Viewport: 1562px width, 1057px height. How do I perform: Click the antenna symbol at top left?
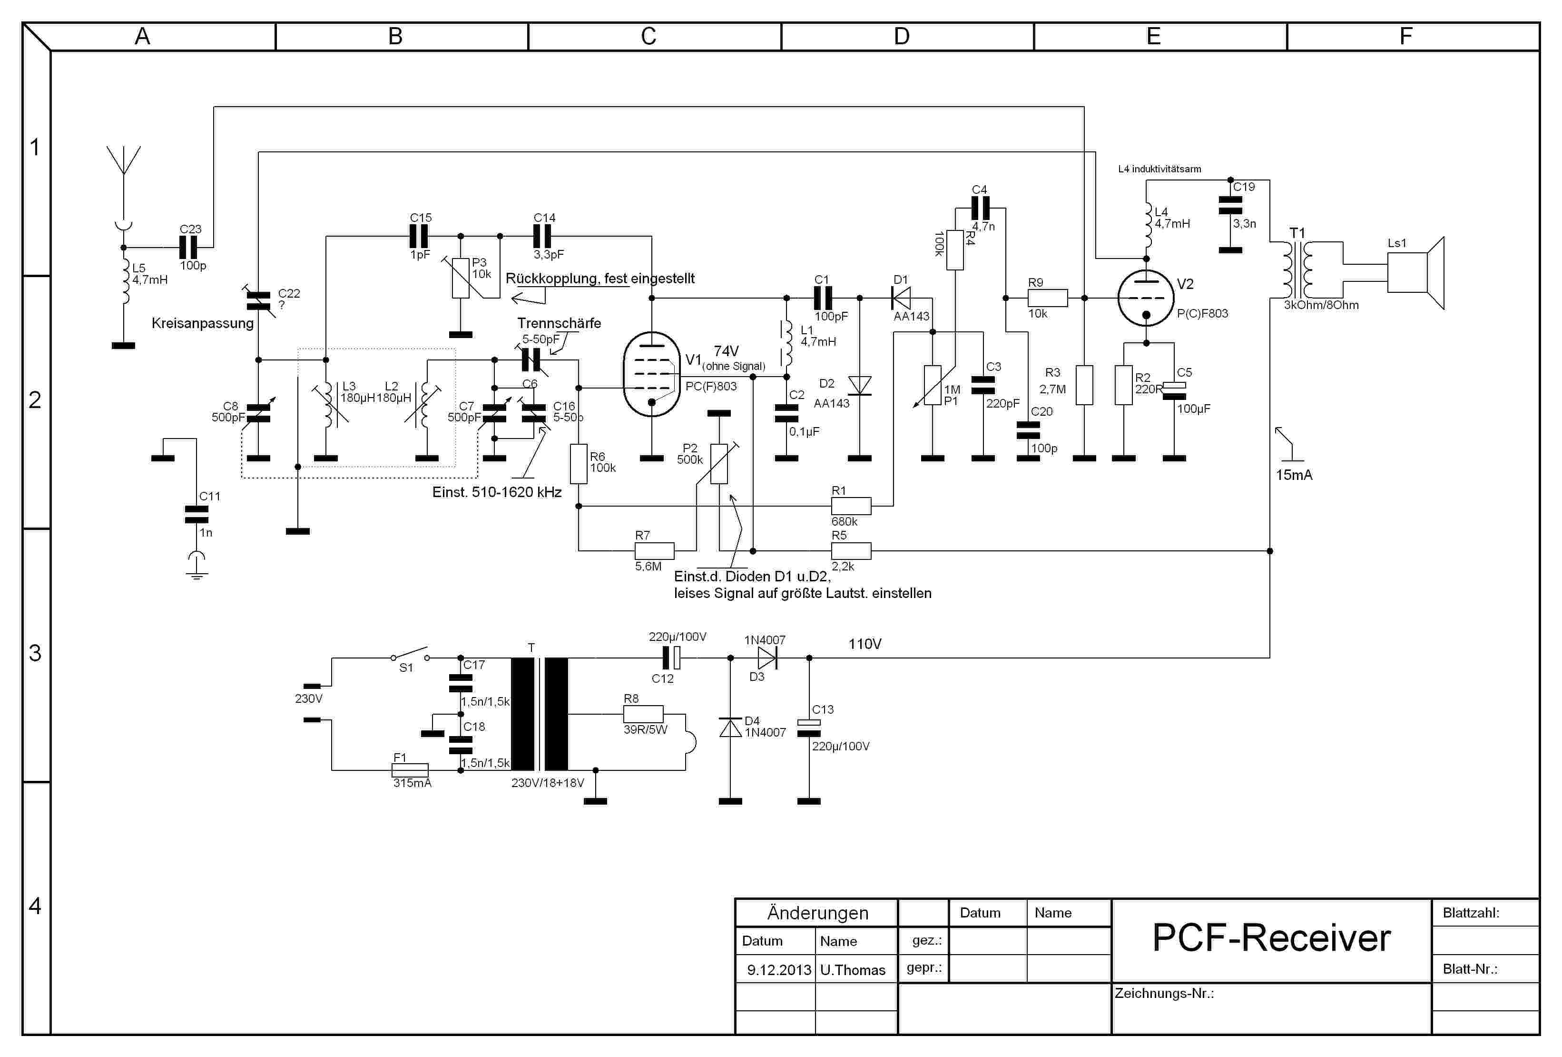124,161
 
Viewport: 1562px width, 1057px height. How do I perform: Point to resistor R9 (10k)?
1047,298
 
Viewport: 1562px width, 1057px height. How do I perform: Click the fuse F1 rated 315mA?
410,770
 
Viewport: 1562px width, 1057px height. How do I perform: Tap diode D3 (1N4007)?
767,658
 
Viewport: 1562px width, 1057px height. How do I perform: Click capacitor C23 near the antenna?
189,248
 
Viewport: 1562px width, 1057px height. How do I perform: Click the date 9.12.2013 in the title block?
779,969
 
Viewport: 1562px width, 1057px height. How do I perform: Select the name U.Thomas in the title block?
852,969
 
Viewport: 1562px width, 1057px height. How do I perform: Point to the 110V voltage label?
865,643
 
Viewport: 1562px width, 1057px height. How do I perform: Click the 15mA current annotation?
1294,475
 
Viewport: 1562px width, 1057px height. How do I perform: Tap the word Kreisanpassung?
202,323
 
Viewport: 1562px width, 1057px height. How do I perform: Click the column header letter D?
901,36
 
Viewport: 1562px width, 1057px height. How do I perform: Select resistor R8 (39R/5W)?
643,714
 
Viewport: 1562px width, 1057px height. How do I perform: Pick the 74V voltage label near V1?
726,351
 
